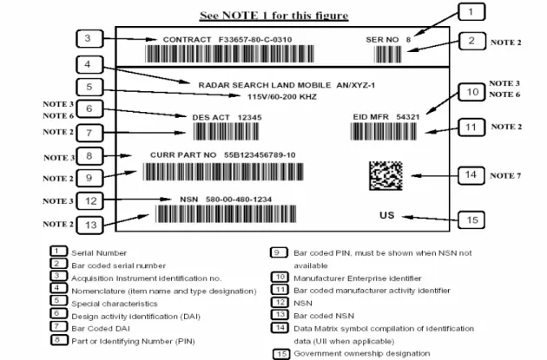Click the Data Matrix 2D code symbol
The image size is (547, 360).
[386, 175]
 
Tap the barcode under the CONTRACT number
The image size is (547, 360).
[229, 54]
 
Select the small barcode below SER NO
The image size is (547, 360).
[387, 55]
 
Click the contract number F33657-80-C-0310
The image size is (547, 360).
[255, 40]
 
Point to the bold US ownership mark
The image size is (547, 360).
[387, 215]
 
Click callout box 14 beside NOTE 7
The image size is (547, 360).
[471, 175]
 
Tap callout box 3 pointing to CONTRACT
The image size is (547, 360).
[89, 39]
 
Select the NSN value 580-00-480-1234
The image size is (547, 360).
[239, 200]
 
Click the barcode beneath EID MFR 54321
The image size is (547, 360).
[384, 132]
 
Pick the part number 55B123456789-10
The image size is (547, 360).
[260, 154]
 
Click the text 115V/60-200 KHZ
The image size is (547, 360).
[282, 96]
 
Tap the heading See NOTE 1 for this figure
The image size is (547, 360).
[273, 16]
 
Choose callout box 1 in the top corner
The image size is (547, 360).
[471, 12]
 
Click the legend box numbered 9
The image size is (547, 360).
[279, 252]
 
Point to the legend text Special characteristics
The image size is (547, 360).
[115, 304]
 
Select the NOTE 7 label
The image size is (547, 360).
[505, 175]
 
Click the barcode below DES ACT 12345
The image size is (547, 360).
[226, 132]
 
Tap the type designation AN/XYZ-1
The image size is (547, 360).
[355, 85]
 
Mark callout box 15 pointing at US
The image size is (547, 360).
[471, 219]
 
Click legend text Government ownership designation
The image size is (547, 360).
[362, 353]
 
